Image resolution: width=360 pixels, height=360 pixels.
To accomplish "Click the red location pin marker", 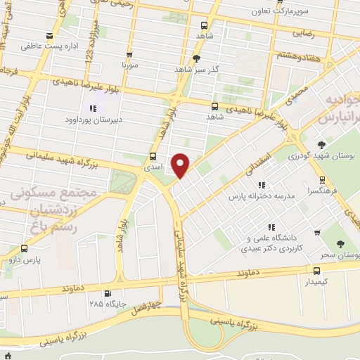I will click(x=181, y=164).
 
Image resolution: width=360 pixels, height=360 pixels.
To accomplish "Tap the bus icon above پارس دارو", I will click(x=25, y=248).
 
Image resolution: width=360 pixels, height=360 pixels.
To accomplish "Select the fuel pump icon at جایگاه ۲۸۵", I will click(x=107, y=294).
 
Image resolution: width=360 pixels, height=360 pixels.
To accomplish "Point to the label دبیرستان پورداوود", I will click(x=94, y=120).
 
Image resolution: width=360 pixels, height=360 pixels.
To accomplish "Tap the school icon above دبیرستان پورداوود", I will click(x=92, y=108).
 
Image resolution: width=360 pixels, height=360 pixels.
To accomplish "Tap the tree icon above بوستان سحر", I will click(x=341, y=244).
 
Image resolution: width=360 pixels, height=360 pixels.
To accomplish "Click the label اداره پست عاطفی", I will click(x=69, y=45).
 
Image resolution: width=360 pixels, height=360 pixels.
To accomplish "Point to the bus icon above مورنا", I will click(x=129, y=54).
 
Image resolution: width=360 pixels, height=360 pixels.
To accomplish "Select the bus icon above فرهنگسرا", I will click(x=319, y=176).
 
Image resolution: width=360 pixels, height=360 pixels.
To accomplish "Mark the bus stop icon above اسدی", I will click(x=153, y=157).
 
